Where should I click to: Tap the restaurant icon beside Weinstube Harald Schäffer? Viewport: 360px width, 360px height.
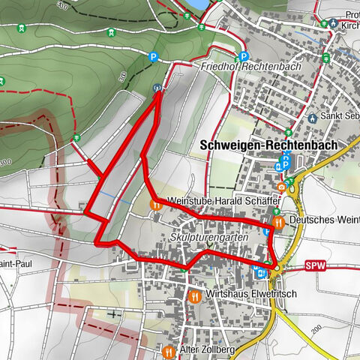pyautogui.click(x=155, y=202)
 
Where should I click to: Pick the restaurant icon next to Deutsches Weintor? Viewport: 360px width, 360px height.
pyautogui.click(x=278, y=222)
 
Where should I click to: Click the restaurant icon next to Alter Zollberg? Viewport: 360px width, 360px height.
pyautogui.click(x=168, y=351)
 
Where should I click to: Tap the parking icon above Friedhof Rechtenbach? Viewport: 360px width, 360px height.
pyautogui.click(x=243, y=55)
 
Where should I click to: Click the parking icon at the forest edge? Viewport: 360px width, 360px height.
pyautogui.click(x=154, y=55)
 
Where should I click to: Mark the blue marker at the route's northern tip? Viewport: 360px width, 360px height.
pyautogui.click(x=157, y=88)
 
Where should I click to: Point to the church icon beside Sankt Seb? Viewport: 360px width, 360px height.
pyautogui.click(x=312, y=118)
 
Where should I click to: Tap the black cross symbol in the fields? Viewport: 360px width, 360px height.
pyautogui.click(x=114, y=313)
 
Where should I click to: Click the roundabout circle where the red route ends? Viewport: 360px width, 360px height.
pyautogui.click(x=277, y=267)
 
